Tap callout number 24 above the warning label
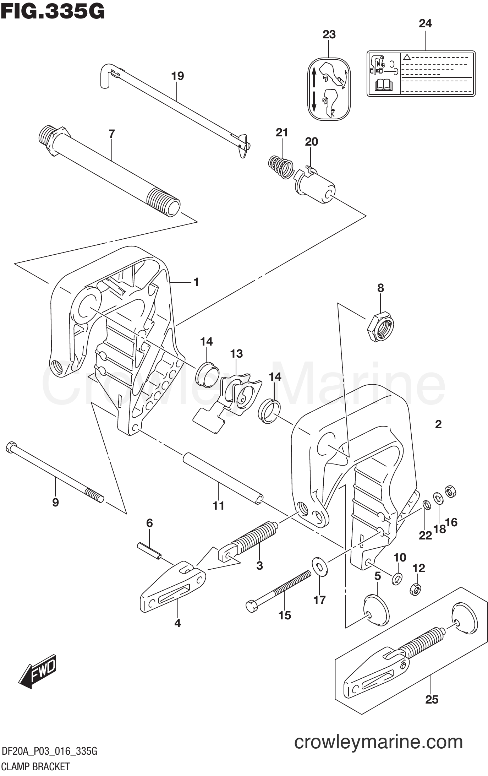pos(425,23)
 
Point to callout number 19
pos(177,76)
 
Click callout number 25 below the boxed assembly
pos(432,700)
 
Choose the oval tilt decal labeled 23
pos(329,89)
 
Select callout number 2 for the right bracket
pos(438,424)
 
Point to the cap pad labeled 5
pos(376,611)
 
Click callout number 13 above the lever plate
pos(236,354)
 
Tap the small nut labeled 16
pos(450,492)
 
